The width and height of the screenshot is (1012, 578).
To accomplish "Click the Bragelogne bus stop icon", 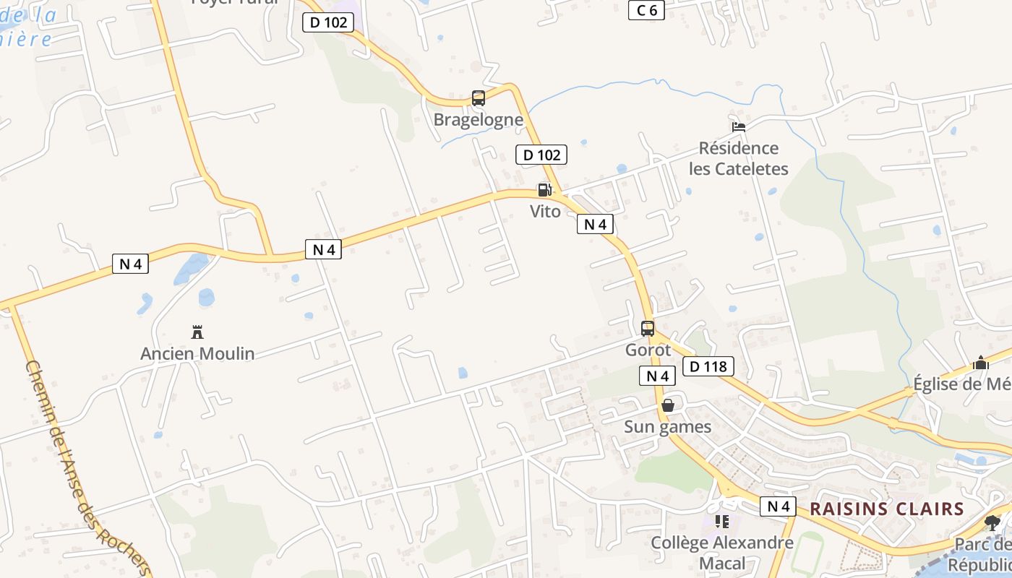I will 478,98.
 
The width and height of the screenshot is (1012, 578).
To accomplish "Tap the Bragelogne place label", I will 478,119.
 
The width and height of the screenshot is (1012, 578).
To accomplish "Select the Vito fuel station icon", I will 544,190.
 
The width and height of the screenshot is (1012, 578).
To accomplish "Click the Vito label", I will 545,212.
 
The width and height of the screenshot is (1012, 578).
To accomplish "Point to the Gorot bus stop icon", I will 648,329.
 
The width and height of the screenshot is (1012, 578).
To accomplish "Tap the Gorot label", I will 648,350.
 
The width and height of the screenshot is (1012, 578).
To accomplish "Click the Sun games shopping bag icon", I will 668,405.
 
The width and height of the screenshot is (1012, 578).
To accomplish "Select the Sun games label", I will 668,427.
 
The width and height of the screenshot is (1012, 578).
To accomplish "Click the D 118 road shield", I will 708,366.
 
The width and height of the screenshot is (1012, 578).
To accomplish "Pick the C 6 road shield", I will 646,9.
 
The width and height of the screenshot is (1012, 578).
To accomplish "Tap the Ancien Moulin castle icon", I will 197,332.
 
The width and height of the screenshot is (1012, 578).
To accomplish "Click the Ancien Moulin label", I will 197,353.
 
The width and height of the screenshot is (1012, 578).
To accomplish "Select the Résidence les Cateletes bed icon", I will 738,127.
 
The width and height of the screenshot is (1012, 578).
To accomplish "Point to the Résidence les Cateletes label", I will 738,158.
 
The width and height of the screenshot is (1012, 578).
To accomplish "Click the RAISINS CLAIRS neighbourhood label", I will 887,509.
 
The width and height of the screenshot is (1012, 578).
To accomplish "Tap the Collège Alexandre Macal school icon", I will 721,521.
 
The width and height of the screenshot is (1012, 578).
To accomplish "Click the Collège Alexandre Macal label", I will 721,553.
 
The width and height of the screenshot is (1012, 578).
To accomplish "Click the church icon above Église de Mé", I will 981,363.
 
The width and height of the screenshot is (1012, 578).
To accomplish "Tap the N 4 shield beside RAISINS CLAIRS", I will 778,506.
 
